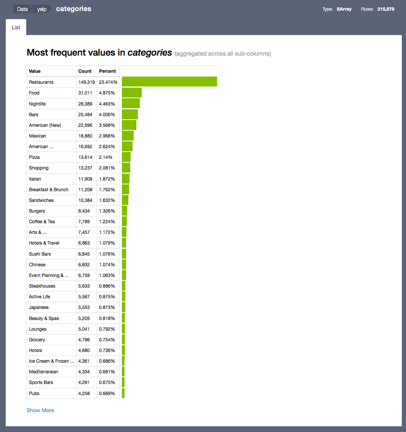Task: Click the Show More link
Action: click(x=40, y=410)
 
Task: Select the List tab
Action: click(x=16, y=27)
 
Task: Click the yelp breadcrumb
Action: click(x=42, y=9)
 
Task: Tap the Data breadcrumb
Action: click(x=22, y=9)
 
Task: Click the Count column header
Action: click(x=85, y=71)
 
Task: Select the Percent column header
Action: click(x=107, y=71)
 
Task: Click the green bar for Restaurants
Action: click(x=169, y=82)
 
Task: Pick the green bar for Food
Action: click(x=132, y=93)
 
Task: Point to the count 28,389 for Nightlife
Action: click(x=85, y=104)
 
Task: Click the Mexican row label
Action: click(x=37, y=136)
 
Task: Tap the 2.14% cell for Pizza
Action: click(x=105, y=157)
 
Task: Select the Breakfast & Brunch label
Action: click(x=49, y=189)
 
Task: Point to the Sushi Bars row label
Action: click(x=40, y=254)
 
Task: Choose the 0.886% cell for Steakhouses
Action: click(x=107, y=286)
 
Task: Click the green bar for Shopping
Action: click(x=126, y=168)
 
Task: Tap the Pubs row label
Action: click(x=34, y=393)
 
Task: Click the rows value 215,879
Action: click(x=386, y=9)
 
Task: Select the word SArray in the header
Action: click(x=344, y=9)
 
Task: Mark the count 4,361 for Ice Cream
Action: click(x=84, y=361)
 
